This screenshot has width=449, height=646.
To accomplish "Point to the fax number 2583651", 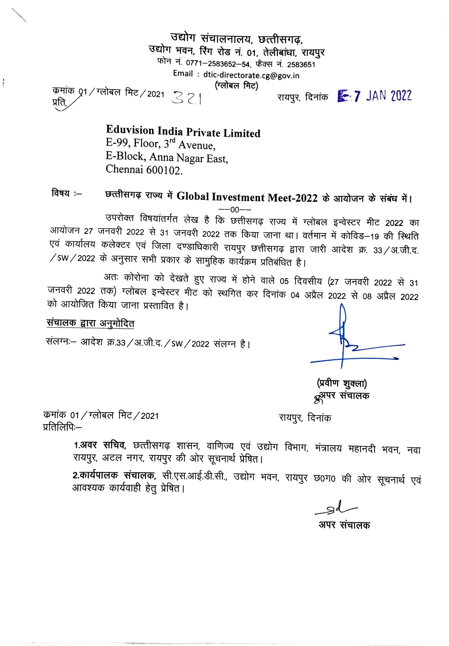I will [301, 65].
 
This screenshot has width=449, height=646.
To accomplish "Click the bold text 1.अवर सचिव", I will [100, 445].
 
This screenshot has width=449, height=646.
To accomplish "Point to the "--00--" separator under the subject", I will [235, 210].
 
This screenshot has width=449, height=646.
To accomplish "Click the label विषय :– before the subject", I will [66, 194].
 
